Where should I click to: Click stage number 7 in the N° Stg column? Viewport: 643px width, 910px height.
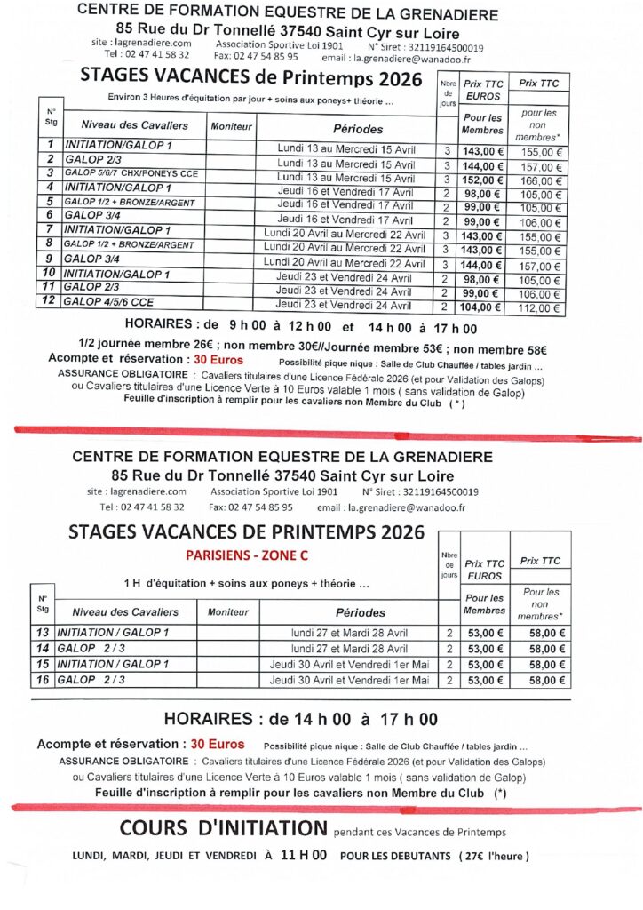tap(51, 230)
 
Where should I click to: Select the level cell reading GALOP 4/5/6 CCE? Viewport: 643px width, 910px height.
tap(108, 302)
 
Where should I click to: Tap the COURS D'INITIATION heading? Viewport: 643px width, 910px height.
tap(223, 828)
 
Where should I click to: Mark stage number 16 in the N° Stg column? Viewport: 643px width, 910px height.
tap(41, 680)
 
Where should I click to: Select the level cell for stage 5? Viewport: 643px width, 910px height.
tap(128, 202)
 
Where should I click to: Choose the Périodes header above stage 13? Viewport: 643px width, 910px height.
tap(361, 611)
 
